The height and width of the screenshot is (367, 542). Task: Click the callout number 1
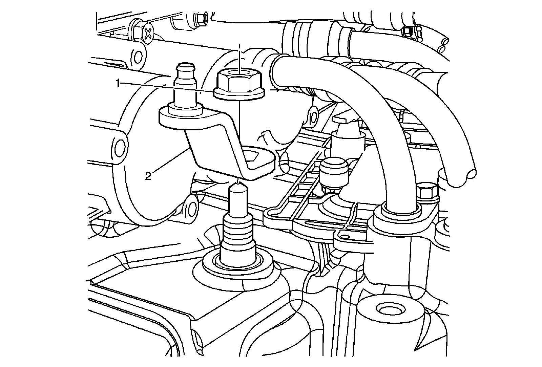click(x=118, y=83)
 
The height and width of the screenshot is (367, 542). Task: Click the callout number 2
click(x=148, y=176)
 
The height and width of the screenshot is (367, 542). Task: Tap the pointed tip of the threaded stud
click(x=238, y=185)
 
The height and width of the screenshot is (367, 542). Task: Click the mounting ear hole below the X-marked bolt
click(x=138, y=56)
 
